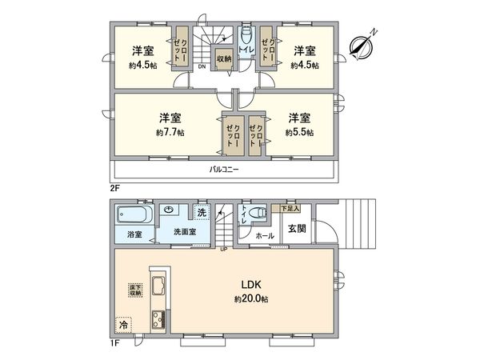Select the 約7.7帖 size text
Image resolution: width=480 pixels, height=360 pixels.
tap(167, 132)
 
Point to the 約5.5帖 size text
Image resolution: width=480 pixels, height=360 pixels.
tap(301, 132)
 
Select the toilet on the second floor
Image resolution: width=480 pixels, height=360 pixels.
tap(246, 37)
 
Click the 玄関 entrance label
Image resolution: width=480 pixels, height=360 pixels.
tap(297, 228)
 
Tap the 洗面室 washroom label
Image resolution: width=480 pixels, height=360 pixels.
tap(185, 233)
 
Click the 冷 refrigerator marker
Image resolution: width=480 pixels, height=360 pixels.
tap(123, 326)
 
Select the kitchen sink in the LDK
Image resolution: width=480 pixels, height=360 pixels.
tap(158, 287)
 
